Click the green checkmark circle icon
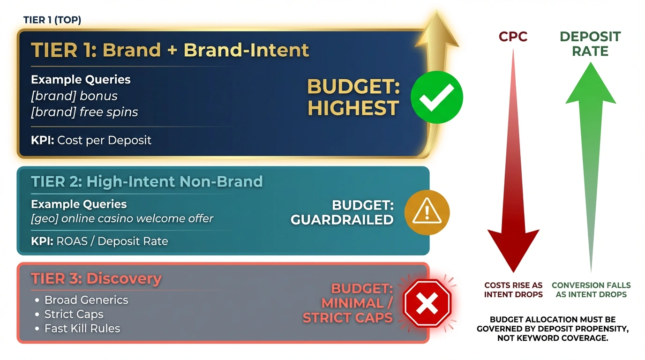tap(436, 97)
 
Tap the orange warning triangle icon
tap(427, 212)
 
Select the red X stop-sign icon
tap(427, 303)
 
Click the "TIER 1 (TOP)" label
tap(52, 20)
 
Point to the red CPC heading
tap(513, 37)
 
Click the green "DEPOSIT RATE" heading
tap(590, 44)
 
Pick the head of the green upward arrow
tap(591, 83)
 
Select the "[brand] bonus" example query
tap(74, 96)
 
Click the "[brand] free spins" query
tap(84, 112)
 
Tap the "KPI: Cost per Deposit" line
tap(91, 140)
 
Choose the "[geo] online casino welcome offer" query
tap(122, 218)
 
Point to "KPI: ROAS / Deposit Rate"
tap(99, 241)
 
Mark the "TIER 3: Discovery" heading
tap(96, 278)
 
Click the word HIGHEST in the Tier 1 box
tap(353, 108)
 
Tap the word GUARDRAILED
tap(342, 220)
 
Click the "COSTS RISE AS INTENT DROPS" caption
tap(513, 290)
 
